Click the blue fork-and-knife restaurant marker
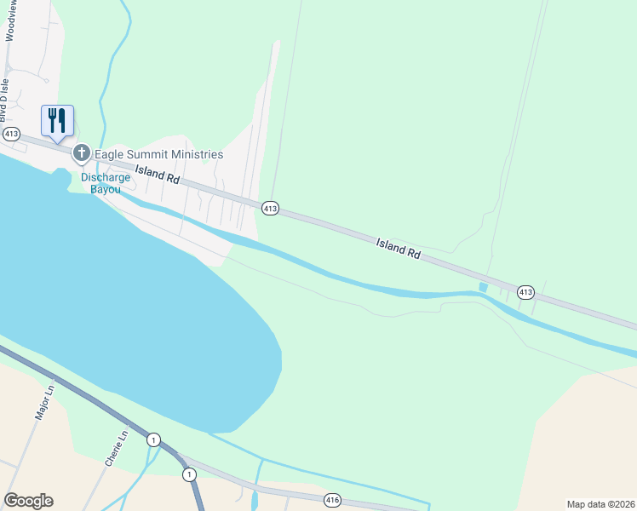[57, 120]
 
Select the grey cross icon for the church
[82, 154]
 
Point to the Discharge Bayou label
[106, 183]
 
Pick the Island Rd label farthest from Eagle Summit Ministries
[399, 248]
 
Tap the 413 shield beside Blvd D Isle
[11, 135]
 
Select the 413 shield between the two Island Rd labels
[270, 208]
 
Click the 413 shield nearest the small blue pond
[525, 292]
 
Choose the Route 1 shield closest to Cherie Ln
[153, 439]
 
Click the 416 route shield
[332, 500]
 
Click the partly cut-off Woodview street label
[10, 20]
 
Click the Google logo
[28, 501]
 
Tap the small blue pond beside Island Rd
[484, 288]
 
